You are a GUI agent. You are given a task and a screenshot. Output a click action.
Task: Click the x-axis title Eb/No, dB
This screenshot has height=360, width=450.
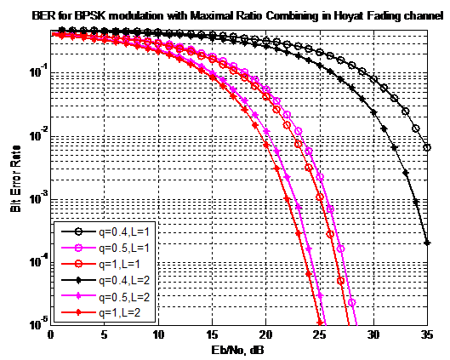[240, 349]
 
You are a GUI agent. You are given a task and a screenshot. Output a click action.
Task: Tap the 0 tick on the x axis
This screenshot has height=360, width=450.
[52, 336]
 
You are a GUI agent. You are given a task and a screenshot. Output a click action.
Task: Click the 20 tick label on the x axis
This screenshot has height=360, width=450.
[265, 336]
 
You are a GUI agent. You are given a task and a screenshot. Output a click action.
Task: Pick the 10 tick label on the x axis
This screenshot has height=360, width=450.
[158, 336]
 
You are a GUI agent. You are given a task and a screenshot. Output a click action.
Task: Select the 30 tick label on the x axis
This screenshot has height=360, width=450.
[373, 336]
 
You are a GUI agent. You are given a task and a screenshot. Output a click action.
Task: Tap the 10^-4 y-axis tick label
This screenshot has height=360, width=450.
[37, 262]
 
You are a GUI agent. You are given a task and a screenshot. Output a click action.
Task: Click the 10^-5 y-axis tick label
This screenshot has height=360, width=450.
[37, 325]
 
